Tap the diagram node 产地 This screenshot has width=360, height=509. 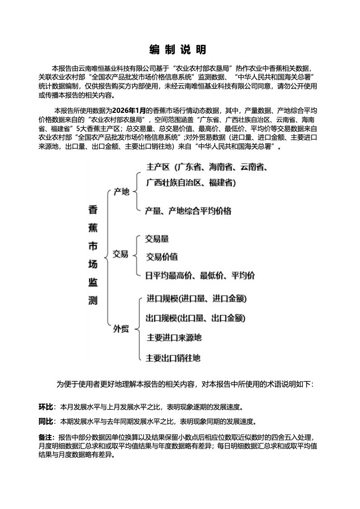tap(121, 192)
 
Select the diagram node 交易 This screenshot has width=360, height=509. tap(121, 254)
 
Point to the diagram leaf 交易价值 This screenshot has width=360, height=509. tap(162, 257)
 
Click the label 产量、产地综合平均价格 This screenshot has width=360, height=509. tap(188, 211)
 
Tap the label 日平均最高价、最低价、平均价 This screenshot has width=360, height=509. tap(199, 275)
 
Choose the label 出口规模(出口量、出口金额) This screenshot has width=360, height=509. tap(195, 318)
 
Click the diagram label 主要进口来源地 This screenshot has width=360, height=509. tap(174, 338)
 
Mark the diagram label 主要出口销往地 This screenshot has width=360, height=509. tap(173, 358)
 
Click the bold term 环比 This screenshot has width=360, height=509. tap(46, 407)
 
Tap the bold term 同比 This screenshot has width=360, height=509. tap(46, 422)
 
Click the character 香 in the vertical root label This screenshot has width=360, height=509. tap(92, 210)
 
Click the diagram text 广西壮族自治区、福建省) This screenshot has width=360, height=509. tap(191, 183)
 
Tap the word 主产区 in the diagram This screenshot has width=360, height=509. tap(158, 167)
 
